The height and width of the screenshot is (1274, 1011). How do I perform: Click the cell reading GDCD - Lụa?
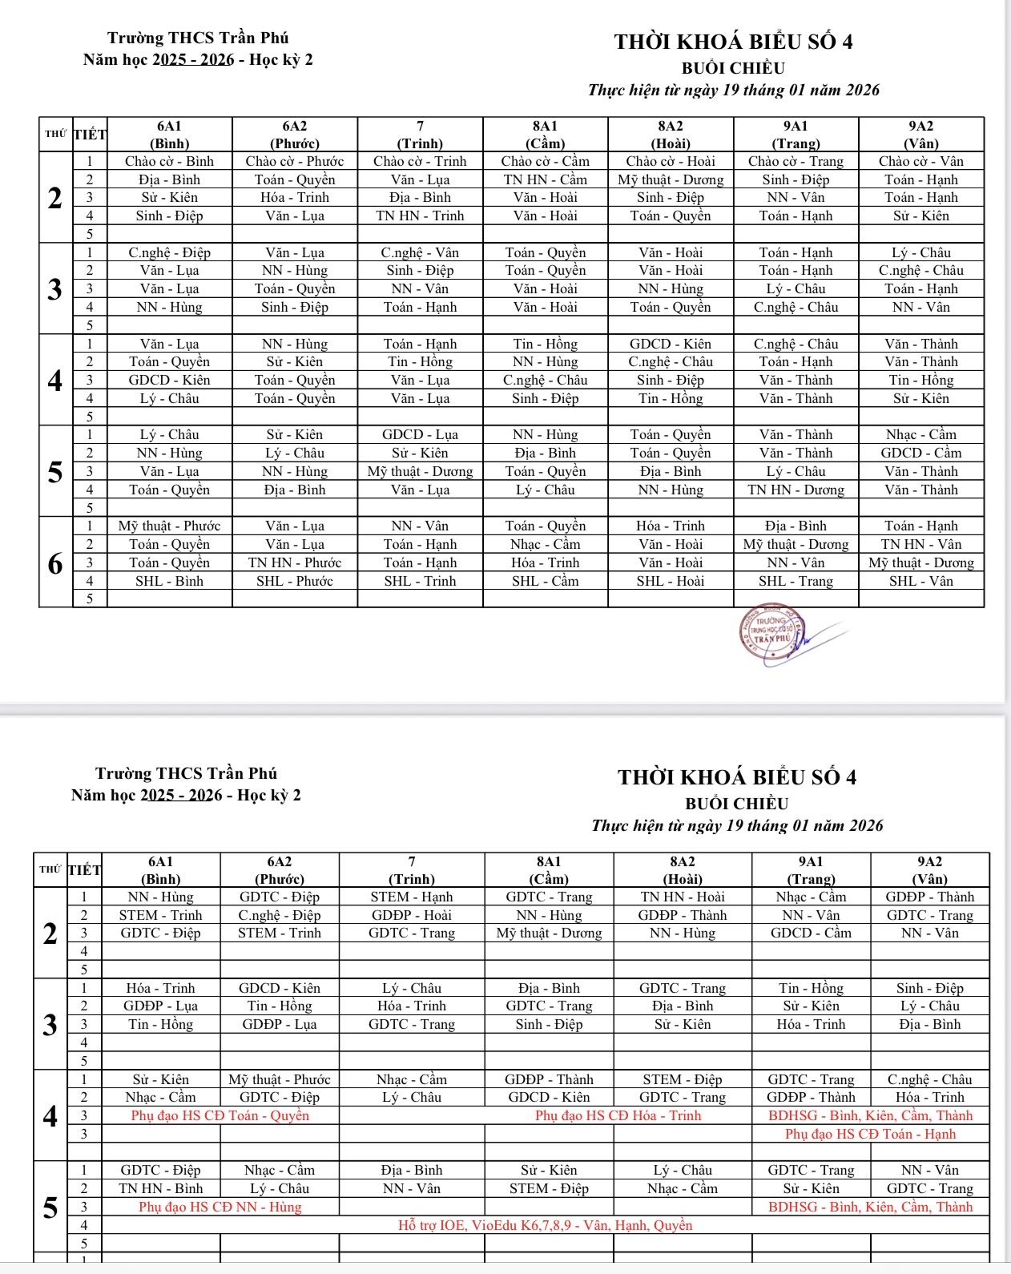420,434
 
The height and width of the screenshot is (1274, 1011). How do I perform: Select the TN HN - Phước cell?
294,562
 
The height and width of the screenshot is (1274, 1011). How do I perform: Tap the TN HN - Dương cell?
796,490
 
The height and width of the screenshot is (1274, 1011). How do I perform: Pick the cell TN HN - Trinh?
420,216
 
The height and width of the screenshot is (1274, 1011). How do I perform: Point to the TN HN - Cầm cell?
545,179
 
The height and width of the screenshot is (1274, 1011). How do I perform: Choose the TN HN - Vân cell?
920,544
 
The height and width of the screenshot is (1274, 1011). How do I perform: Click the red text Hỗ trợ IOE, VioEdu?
545,1225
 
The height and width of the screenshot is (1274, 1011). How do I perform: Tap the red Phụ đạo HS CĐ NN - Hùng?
220,1207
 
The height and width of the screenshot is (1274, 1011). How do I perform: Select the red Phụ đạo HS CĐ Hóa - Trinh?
618,1115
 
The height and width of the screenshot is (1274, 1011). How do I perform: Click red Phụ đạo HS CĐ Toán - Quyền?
220,1115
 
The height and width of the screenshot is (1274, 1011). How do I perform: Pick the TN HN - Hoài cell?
683,897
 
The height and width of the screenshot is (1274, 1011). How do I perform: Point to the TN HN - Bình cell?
160,1188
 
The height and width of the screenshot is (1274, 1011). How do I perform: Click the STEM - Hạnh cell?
412,897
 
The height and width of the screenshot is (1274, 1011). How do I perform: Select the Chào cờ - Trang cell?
796,161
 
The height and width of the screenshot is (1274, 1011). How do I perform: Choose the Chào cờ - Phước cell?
294,161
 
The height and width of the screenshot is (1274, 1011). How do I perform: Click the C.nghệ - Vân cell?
420,252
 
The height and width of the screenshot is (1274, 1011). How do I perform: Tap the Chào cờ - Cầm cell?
545,161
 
